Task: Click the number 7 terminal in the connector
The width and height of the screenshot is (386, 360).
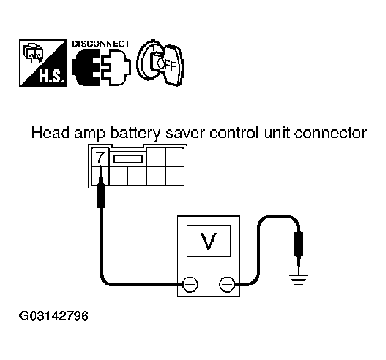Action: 100,157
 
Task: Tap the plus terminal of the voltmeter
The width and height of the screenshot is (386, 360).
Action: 190,285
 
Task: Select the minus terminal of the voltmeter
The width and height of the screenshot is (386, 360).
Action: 227,285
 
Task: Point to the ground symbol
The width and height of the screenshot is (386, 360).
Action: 299,279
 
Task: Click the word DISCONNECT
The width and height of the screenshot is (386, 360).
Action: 100,44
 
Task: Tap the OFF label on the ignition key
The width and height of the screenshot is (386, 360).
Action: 167,65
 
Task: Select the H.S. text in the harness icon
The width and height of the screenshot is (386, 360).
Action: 52,77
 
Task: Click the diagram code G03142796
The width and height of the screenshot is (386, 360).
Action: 54,316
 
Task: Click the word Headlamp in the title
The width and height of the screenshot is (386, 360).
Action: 68,133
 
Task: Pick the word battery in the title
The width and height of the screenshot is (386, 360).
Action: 135,133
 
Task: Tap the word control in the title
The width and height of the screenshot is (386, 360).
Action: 234,133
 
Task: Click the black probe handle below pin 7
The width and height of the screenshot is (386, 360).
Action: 101,193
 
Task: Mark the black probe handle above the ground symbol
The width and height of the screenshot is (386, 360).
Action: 299,244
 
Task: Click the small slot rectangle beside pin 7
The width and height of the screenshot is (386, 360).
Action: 128,159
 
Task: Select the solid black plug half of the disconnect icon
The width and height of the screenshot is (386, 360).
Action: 86,67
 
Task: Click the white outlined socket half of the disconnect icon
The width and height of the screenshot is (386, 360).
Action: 117,67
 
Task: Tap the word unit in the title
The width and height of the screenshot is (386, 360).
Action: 277,133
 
